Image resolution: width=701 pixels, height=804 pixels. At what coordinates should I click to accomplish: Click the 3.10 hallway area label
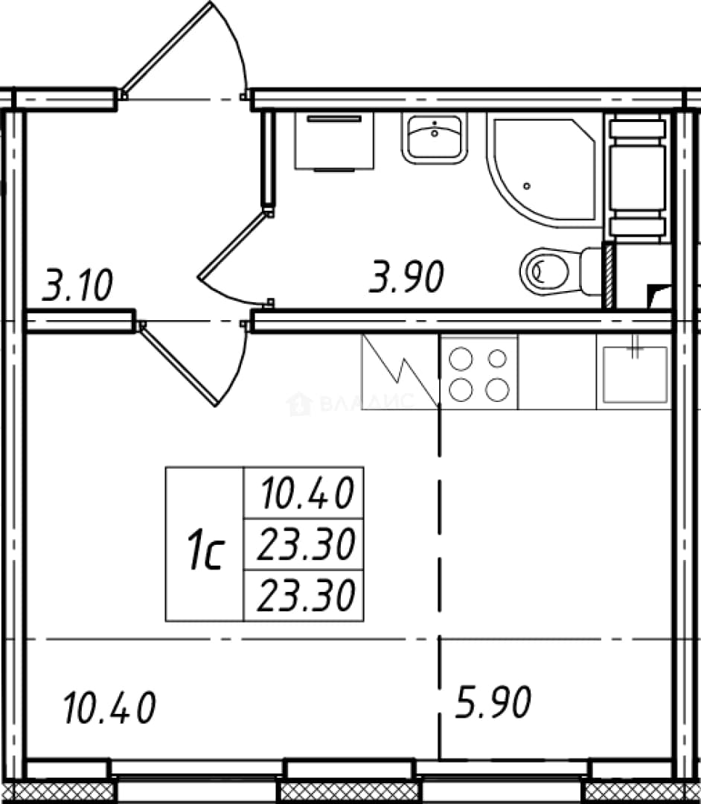pyautogui.click(x=77, y=285)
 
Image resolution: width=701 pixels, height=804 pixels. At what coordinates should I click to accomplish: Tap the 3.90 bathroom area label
pyautogui.click(x=406, y=277)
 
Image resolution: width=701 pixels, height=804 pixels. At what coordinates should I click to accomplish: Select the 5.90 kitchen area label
pyautogui.click(x=493, y=702)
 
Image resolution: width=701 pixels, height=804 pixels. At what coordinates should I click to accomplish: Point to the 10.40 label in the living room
pyautogui.click(x=109, y=708)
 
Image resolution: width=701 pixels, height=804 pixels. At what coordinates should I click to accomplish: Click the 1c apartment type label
pyautogui.click(x=205, y=551)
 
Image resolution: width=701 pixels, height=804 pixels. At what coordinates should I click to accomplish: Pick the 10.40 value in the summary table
pyautogui.click(x=307, y=493)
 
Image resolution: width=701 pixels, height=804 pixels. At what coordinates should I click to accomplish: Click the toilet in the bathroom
pyautogui.click(x=560, y=271)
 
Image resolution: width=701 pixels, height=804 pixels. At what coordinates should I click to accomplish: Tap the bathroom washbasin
pyautogui.click(x=435, y=138)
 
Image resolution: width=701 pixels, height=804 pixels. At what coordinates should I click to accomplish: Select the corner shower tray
pyautogui.click(x=544, y=170)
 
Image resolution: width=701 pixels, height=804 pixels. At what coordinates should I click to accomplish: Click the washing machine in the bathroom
pyautogui.click(x=334, y=141)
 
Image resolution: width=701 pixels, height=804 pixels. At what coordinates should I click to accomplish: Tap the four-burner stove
pyautogui.click(x=478, y=372)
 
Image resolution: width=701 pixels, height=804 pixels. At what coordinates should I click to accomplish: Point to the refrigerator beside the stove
pyautogui.click(x=400, y=372)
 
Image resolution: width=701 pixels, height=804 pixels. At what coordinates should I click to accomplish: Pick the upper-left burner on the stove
pyautogui.click(x=460, y=359)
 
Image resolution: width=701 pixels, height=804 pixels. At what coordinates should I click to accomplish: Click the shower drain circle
pyautogui.click(x=527, y=186)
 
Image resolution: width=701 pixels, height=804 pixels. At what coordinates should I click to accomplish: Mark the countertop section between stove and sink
pyautogui.click(x=557, y=372)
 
